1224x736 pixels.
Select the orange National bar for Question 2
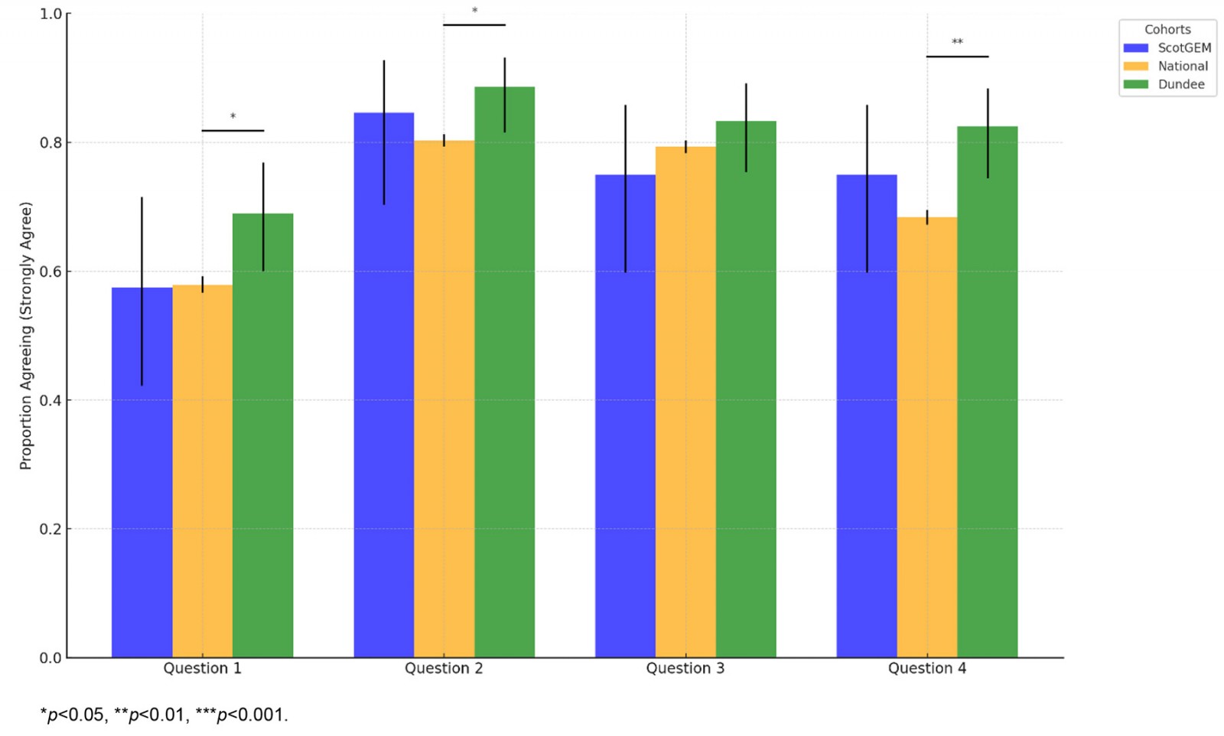(x=444, y=399)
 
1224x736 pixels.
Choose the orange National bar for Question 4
(x=926, y=437)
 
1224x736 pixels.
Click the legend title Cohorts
(x=1167, y=29)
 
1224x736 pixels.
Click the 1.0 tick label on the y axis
(x=50, y=14)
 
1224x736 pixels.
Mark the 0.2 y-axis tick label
(x=50, y=529)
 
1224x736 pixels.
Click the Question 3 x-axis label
(x=685, y=668)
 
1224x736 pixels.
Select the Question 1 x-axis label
(x=202, y=668)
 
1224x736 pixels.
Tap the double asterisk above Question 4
(x=957, y=42)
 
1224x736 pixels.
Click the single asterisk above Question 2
(x=474, y=11)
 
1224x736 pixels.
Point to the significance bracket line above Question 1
(x=233, y=131)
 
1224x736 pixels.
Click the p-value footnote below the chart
(x=164, y=715)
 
